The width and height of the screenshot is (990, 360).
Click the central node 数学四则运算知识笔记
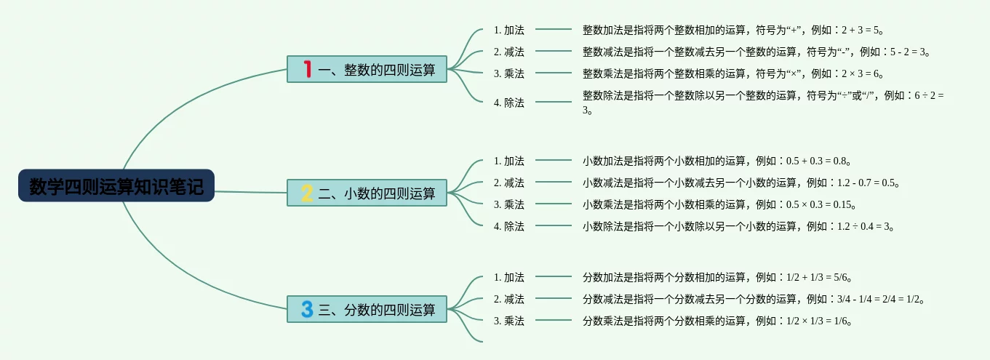tap(116, 186)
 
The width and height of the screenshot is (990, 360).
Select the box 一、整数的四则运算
tap(367, 69)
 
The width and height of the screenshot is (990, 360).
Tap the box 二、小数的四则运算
tap(367, 193)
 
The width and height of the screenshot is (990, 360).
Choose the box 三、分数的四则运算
tap(367, 309)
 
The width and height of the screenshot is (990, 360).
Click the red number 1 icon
tap(308, 69)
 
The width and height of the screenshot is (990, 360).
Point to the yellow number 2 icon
tap(307, 193)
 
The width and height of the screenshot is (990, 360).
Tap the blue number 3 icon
tap(307, 309)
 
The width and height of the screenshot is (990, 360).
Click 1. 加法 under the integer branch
tap(508, 30)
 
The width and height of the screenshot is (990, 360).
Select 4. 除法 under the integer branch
tap(508, 103)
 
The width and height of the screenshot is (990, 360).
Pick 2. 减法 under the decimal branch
tap(508, 183)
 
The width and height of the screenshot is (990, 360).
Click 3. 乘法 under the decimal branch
tap(508, 204)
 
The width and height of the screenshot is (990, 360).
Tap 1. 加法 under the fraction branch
tap(508, 277)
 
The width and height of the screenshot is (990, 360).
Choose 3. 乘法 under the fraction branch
tap(508, 321)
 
